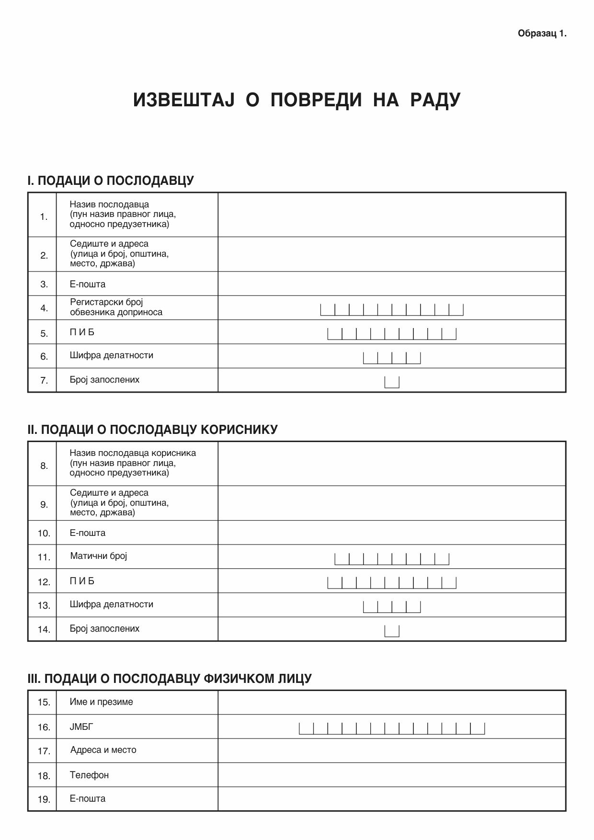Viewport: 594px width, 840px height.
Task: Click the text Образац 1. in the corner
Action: (x=542, y=34)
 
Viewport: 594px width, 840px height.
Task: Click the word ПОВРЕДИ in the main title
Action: (x=316, y=100)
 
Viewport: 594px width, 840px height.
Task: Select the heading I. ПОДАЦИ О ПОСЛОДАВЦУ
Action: (x=111, y=181)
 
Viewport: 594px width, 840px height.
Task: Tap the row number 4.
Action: (x=44, y=308)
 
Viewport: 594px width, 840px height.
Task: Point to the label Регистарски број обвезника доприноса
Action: (x=116, y=307)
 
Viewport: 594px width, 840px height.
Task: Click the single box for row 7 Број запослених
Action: (x=392, y=382)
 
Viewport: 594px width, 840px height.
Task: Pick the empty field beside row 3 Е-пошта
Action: (x=391, y=284)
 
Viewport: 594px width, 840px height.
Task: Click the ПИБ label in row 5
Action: (x=82, y=332)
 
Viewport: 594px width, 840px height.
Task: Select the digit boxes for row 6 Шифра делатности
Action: (x=392, y=357)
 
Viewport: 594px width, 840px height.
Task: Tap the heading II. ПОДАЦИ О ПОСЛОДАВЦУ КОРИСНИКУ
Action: (x=152, y=430)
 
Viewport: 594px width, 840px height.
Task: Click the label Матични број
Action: (x=98, y=556)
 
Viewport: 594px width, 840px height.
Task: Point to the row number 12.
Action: (x=44, y=582)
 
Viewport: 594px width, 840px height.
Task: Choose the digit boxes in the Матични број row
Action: (x=392, y=558)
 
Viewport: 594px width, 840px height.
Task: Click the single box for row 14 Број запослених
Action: (x=392, y=631)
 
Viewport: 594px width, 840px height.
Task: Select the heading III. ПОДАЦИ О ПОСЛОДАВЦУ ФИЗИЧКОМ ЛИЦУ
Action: (x=170, y=679)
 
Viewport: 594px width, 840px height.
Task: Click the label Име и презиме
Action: (x=101, y=702)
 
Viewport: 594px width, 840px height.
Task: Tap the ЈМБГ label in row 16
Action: (x=81, y=727)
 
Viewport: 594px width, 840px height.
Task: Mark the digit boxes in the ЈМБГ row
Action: (x=392, y=728)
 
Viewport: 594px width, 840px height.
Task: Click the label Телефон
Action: (x=89, y=775)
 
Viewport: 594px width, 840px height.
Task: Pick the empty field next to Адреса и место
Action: (x=391, y=750)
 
